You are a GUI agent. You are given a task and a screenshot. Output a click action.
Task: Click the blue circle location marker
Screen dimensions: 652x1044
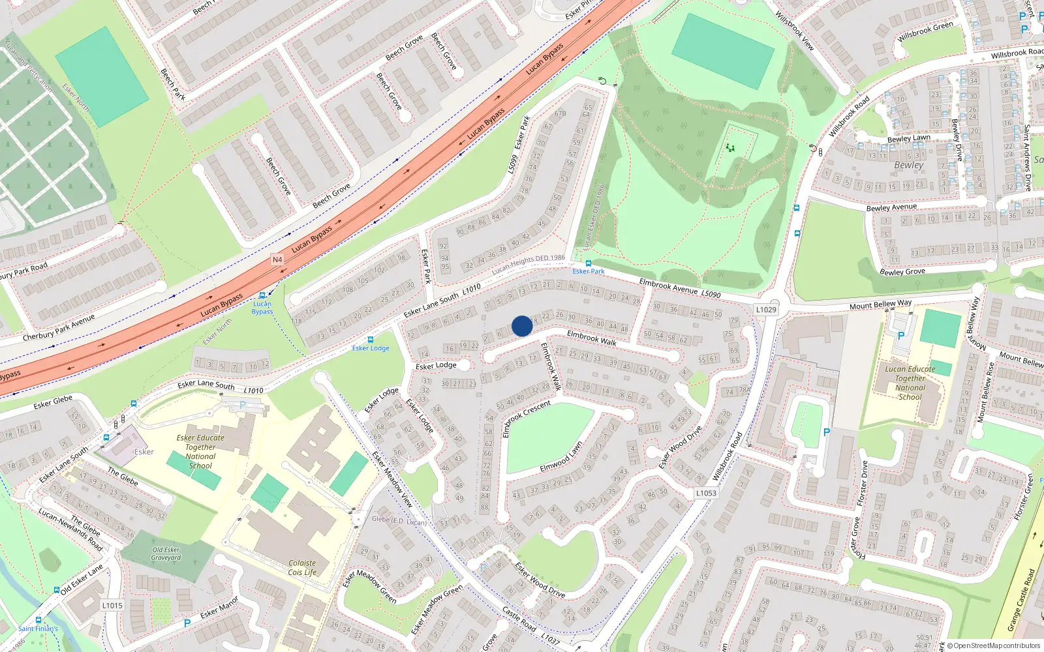(x=522, y=326)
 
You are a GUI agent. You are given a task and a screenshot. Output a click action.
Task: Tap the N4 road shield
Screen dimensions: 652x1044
(x=277, y=259)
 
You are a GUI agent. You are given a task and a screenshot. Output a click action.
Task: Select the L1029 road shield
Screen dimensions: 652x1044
(x=766, y=310)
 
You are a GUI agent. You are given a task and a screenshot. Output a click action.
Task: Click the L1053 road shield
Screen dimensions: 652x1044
(x=706, y=493)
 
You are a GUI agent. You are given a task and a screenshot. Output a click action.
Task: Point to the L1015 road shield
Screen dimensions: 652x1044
(x=112, y=605)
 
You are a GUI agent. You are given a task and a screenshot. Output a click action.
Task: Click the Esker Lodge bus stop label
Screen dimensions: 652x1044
(x=371, y=348)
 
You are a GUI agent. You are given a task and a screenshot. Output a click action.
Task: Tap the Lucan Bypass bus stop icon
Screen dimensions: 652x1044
(x=262, y=295)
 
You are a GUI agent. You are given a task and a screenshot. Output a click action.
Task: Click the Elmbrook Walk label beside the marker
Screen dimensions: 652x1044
(x=591, y=337)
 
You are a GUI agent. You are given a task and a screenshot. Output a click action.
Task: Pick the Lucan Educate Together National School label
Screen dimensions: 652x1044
(x=910, y=383)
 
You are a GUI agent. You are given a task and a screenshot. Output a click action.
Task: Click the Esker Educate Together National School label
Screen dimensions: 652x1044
(x=200, y=452)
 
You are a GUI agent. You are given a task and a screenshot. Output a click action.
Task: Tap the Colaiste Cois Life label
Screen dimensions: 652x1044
(x=302, y=568)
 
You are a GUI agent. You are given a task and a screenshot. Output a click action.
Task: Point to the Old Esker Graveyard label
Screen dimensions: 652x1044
(x=166, y=554)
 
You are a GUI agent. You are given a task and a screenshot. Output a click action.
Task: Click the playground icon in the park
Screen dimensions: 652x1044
(x=730, y=148)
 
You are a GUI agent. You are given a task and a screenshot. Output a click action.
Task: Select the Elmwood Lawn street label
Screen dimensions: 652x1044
(x=561, y=458)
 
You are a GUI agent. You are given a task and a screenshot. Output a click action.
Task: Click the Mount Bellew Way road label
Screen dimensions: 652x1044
(x=880, y=304)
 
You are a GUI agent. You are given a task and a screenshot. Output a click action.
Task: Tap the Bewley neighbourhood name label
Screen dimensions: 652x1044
(x=909, y=165)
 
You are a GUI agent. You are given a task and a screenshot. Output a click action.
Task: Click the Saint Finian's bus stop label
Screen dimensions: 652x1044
(x=38, y=629)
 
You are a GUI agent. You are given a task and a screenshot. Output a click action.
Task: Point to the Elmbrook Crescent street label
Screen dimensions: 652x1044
(x=527, y=419)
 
